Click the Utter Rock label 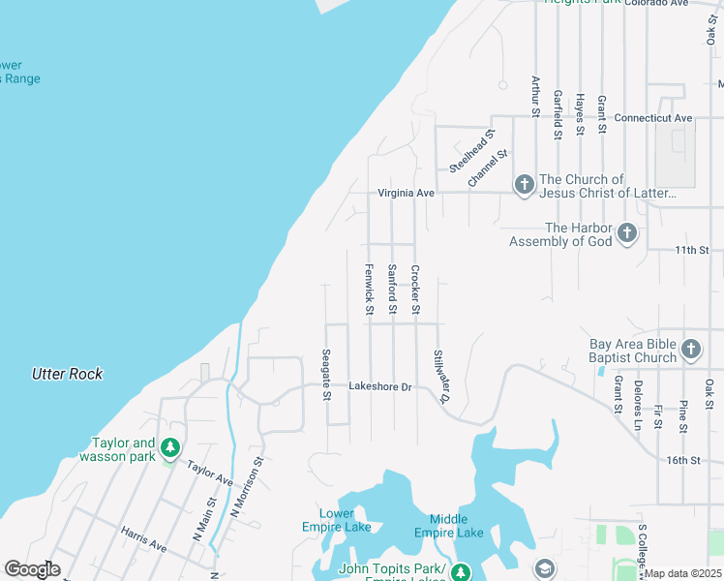click(x=67, y=374)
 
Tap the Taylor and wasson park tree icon click(x=170, y=447)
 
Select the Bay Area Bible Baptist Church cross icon click(x=691, y=349)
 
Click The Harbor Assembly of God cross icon click(x=627, y=232)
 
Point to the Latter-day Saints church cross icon click(x=524, y=184)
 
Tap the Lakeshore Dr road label click(x=380, y=386)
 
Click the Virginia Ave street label click(x=406, y=193)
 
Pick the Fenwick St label click(x=369, y=289)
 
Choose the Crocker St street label click(x=415, y=289)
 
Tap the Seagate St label click(x=327, y=375)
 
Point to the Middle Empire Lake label click(x=448, y=527)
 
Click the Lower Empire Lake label click(x=344, y=520)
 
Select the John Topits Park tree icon click(x=461, y=573)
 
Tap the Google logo click(x=32, y=569)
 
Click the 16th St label click(x=682, y=460)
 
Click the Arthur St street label click(x=533, y=97)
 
